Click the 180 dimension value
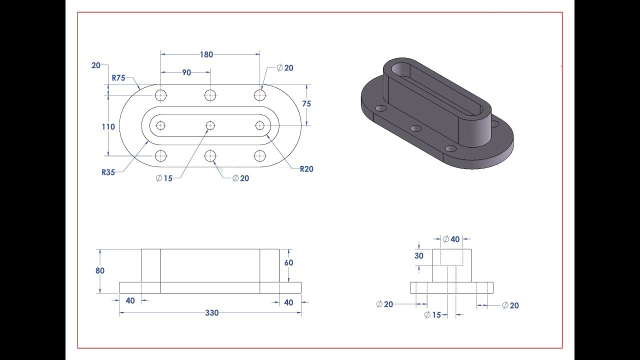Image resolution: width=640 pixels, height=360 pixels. click(x=206, y=54)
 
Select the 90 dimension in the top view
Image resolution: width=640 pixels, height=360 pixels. click(x=186, y=72)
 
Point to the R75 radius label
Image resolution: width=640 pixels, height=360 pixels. click(x=118, y=77)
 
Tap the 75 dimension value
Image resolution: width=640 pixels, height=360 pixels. click(x=306, y=103)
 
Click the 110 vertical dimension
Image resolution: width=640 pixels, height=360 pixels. click(x=108, y=127)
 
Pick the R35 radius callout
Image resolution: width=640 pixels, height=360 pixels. click(x=108, y=172)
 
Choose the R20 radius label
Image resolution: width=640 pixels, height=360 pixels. click(x=306, y=169)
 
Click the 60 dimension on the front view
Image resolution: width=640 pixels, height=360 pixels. click(x=288, y=262)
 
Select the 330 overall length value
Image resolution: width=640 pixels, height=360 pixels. click(x=212, y=313)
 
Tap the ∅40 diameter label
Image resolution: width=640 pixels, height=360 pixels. click(x=451, y=239)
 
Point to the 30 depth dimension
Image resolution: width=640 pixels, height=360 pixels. click(x=418, y=255)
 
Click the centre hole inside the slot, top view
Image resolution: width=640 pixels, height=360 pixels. click(x=210, y=125)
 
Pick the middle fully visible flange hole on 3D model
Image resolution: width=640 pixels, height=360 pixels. click(x=416, y=128)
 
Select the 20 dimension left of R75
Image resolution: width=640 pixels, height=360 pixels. click(x=96, y=65)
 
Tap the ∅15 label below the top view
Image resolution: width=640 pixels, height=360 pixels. click(x=164, y=178)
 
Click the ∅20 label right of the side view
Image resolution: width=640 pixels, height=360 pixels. click(x=510, y=305)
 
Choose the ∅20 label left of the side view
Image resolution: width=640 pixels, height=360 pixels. click(x=385, y=304)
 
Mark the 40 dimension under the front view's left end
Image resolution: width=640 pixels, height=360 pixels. click(x=130, y=300)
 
